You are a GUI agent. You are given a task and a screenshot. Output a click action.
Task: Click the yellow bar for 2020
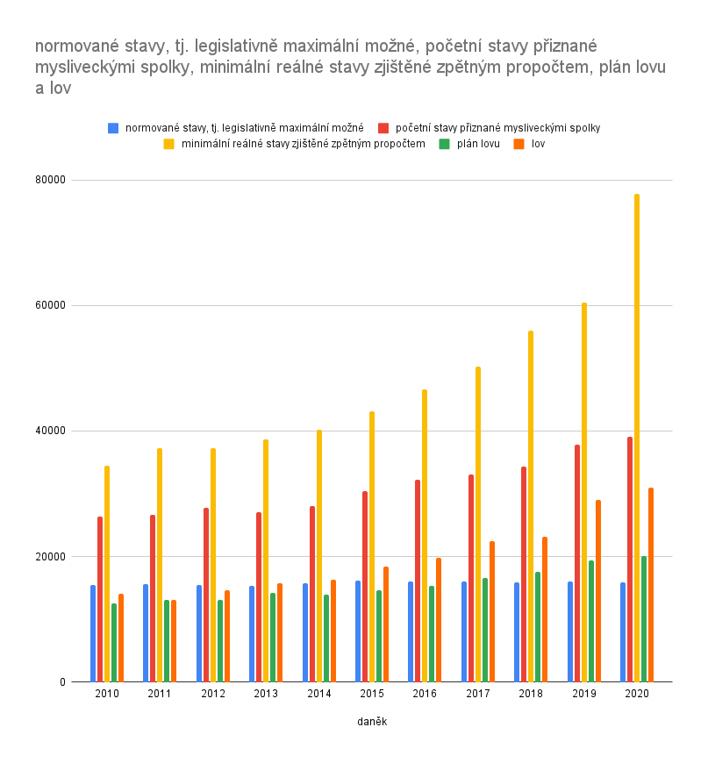click(x=637, y=439)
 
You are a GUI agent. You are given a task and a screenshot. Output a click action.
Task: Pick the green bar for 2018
click(x=538, y=627)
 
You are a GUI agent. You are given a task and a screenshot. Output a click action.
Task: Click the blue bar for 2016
click(x=411, y=631)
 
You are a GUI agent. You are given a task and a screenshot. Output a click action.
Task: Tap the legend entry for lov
click(x=538, y=144)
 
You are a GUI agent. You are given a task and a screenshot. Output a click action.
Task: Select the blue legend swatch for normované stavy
click(x=113, y=128)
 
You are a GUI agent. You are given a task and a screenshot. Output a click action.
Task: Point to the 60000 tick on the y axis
click(x=50, y=305)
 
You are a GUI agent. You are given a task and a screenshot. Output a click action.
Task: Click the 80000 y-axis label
click(x=50, y=180)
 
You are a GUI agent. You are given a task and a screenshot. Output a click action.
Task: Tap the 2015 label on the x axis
click(x=372, y=694)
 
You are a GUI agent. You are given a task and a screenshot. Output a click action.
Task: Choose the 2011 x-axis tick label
click(x=160, y=694)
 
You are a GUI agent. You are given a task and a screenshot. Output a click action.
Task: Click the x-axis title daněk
click(x=372, y=722)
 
